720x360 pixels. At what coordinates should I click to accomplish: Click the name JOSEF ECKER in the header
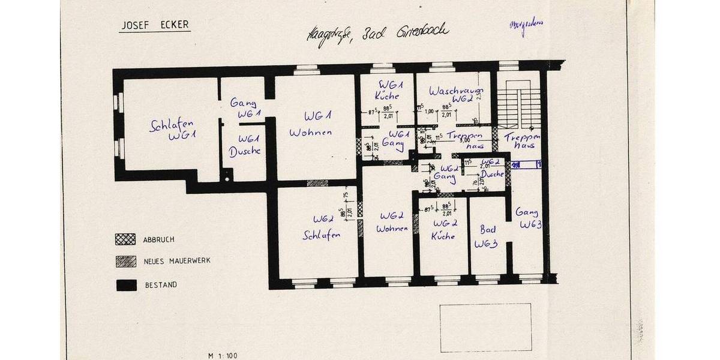(154, 25)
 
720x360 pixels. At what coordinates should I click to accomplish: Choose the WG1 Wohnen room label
(311, 124)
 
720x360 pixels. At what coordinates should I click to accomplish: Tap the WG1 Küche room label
(386, 90)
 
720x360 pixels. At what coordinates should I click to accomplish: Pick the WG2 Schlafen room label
(322, 227)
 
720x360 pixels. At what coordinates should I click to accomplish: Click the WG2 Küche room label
(444, 229)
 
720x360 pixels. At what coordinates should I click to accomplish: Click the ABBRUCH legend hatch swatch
(123, 239)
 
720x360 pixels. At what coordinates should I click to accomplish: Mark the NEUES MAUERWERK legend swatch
(123, 262)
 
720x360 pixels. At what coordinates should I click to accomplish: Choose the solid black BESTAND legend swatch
(123, 285)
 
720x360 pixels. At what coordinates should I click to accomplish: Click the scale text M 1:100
(223, 355)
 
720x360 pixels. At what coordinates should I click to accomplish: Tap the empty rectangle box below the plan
(485, 327)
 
